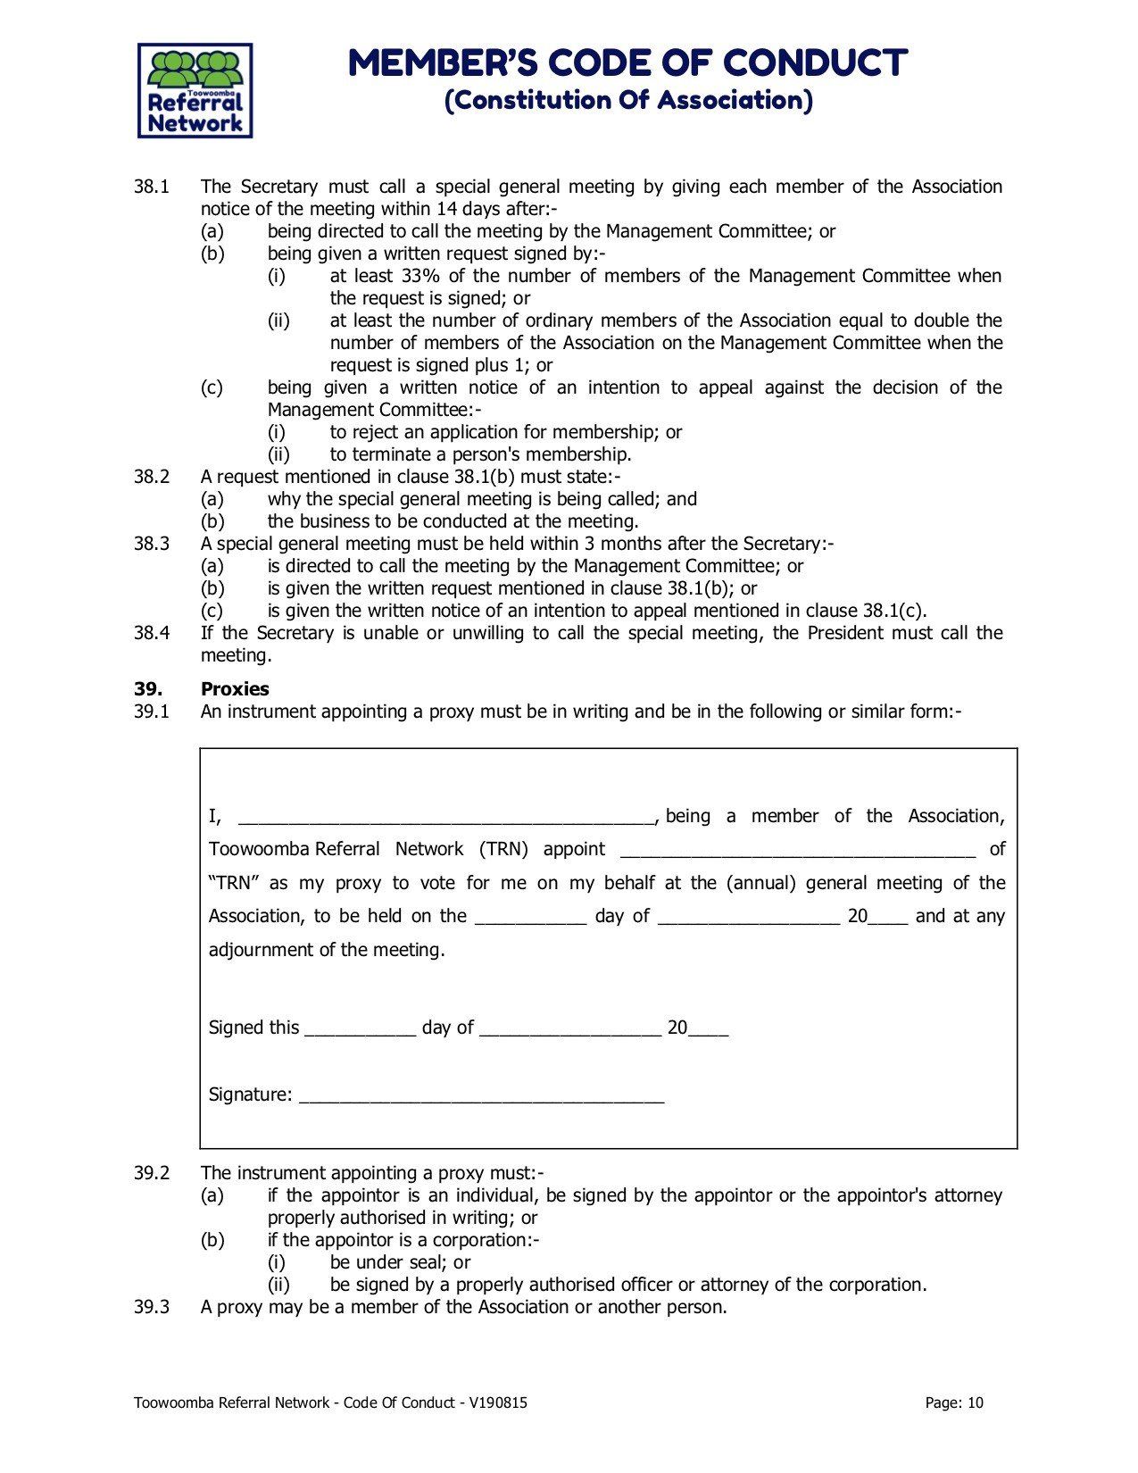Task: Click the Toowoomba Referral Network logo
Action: pos(195,91)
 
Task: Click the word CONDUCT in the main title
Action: pos(815,63)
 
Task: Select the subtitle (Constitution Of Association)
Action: pos(628,100)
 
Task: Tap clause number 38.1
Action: pos(152,187)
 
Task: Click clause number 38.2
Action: pos(152,478)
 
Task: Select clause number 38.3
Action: pos(152,545)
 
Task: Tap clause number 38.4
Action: pos(152,634)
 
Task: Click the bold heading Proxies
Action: pos(235,689)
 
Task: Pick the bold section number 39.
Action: pos(147,689)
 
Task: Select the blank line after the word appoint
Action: pos(797,851)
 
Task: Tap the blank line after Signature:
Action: pos(482,1096)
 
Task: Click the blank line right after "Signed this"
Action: pos(361,1029)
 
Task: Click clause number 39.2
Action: pos(152,1174)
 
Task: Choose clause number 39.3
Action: pos(152,1308)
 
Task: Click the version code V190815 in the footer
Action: pos(497,1403)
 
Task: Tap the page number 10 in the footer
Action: pos(975,1403)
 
